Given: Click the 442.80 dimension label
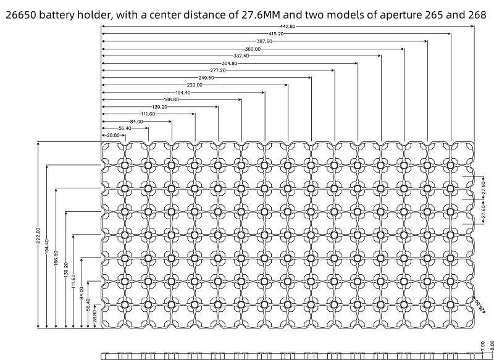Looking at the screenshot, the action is pyautogui.click(x=287, y=26).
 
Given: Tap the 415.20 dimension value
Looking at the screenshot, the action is pyautogui.click(x=276, y=33).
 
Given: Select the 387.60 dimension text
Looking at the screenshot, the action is pyautogui.click(x=264, y=41).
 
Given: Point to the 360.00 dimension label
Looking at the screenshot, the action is pyautogui.click(x=253, y=48).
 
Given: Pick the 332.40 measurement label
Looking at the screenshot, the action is pyautogui.click(x=241, y=56).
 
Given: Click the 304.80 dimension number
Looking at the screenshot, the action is pyautogui.click(x=229, y=63).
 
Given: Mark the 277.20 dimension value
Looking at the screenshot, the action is pyautogui.click(x=218, y=70).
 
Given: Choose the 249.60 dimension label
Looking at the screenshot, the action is pyautogui.click(x=206, y=78).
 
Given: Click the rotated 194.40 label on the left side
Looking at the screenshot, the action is pyautogui.click(x=47, y=248).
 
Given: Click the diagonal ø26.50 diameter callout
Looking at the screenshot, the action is pyautogui.click(x=479, y=300).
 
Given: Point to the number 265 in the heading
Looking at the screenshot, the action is pyautogui.click(x=429, y=14).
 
